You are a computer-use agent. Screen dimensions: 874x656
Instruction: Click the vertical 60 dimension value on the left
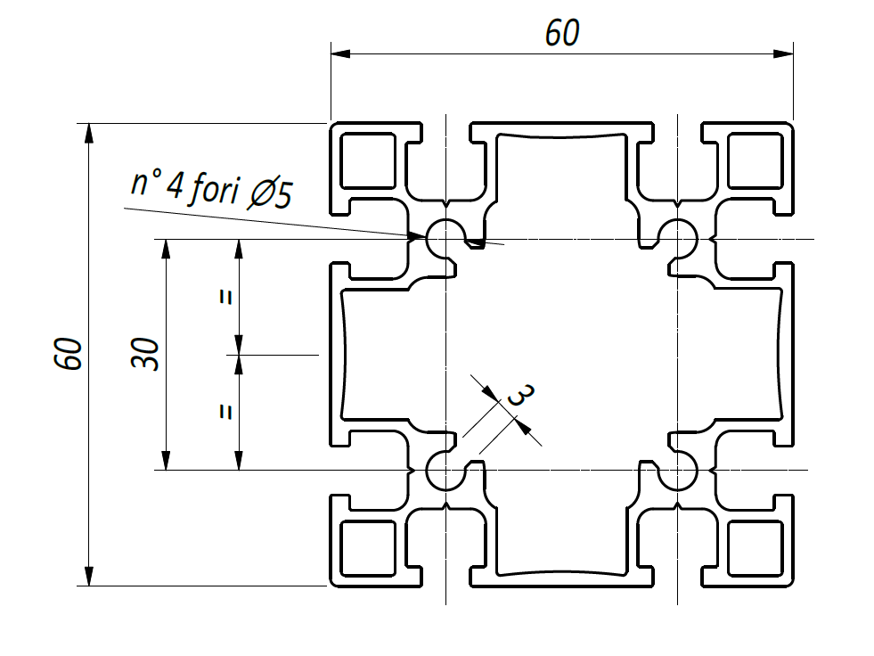tap(69, 354)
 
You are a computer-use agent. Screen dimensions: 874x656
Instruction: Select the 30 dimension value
tap(145, 354)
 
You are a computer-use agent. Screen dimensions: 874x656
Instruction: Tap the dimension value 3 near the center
tap(520, 396)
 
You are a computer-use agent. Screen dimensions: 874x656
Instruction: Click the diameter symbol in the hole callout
tap(261, 193)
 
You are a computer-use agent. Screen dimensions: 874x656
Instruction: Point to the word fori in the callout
tap(214, 189)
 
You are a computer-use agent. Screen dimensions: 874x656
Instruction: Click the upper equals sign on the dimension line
tap(225, 298)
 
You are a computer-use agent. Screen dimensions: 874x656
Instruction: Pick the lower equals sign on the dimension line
tap(225, 412)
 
